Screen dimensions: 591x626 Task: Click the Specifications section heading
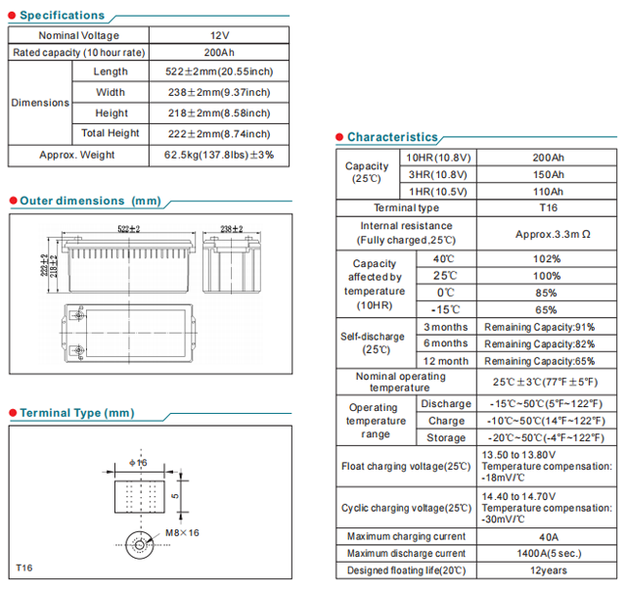[x=62, y=16]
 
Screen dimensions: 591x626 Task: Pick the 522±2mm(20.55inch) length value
[x=219, y=71]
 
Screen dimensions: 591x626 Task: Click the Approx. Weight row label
[x=76, y=155]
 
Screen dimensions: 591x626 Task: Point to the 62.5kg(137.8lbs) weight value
[x=219, y=155]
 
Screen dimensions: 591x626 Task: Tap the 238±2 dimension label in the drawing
[x=233, y=229]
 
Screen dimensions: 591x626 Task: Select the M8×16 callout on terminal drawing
[x=182, y=532]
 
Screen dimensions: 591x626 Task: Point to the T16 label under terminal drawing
[x=25, y=568]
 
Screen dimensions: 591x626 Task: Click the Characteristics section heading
[x=392, y=138]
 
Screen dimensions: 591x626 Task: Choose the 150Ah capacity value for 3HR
[x=548, y=174]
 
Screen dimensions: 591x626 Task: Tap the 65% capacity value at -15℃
[x=548, y=309]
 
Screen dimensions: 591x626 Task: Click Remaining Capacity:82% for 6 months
[x=539, y=343]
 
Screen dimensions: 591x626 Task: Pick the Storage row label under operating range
[x=446, y=437]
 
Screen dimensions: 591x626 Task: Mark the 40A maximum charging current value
[x=548, y=536]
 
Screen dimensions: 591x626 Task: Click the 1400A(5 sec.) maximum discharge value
[x=548, y=553]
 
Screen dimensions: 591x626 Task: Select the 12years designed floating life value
[x=548, y=569]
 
